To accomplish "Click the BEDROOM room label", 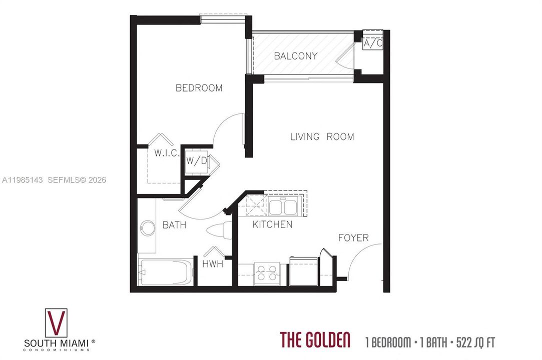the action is [199, 88].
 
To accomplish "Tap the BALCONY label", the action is [296, 56].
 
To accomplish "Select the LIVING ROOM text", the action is [322, 137].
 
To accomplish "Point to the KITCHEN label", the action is [272, 224].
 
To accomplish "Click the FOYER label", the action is [353, 237].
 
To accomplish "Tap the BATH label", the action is [174, 225].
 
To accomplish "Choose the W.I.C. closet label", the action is [166, 153].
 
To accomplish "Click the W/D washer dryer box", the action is [197, 161].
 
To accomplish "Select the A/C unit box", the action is [373, 43].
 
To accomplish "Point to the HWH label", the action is [213, 264].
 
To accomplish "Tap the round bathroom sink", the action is [148, 228].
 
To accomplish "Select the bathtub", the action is [165, 272].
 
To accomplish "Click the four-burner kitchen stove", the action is [267, 273].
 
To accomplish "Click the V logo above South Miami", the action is [56, 322].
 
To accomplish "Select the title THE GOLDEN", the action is [315, 339].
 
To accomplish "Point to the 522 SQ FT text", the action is [475, 342].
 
